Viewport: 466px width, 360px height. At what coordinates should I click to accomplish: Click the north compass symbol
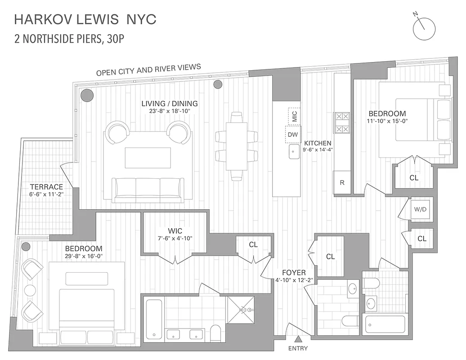(x=425, y=27)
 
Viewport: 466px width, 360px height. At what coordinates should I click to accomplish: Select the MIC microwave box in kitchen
(x=295, y=116)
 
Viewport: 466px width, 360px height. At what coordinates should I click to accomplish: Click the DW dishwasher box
(x=293, y=134)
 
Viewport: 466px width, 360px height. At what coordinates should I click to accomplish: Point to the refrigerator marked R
(x=342, y=183)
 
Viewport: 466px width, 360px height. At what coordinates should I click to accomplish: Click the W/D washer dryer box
(x=421, y=209)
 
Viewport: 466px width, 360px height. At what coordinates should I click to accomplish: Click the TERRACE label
(x=46, y=187)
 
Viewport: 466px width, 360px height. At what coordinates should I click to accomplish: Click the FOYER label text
(x=294, y=273)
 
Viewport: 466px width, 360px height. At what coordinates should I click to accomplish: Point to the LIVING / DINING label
(x=170, y=103)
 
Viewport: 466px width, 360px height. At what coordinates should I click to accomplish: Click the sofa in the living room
(x=148, y=189)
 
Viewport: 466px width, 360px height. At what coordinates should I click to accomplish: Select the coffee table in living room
(x=148, y=157)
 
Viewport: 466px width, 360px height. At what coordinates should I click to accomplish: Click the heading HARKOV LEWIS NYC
(x=85, y=19)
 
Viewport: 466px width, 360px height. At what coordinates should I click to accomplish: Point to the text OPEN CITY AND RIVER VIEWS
(x=148, y=70)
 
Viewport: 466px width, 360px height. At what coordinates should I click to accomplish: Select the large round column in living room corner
(x=87, y=95)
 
